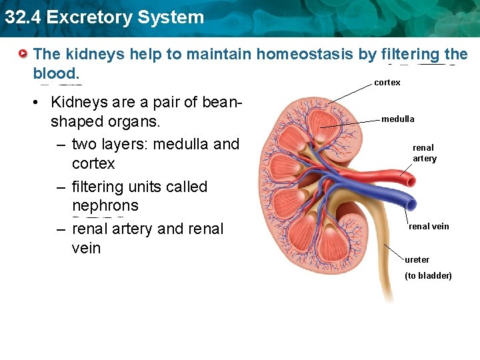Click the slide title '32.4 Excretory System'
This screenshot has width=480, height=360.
[x=104, y=17]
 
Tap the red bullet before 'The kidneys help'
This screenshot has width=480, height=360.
[x=23, y=53]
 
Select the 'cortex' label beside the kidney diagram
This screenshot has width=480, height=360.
[x=387, y=83]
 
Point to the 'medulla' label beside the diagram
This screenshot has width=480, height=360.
[x=398, y=119]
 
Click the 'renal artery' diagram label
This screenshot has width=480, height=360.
[x=424, y=153]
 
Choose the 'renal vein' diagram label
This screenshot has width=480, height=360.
[x=429, y=226]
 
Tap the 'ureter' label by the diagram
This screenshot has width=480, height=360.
[x=417, y=259]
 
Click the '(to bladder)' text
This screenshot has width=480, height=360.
[x=428, y=275]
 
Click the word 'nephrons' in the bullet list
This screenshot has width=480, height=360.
[x=105, y=205]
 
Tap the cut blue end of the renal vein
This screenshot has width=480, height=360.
[x=411, y=203]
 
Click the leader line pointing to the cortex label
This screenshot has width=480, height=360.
[x=351, y=93]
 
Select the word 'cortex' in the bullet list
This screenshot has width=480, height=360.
[x=93, y=163]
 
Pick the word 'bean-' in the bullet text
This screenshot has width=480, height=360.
[x=218, y=102]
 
